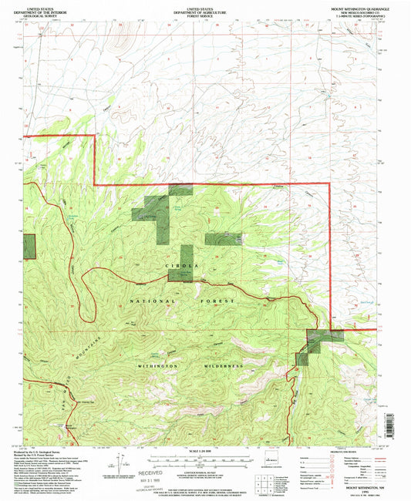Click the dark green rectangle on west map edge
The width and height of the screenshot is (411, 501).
click(x=29, y=244)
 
